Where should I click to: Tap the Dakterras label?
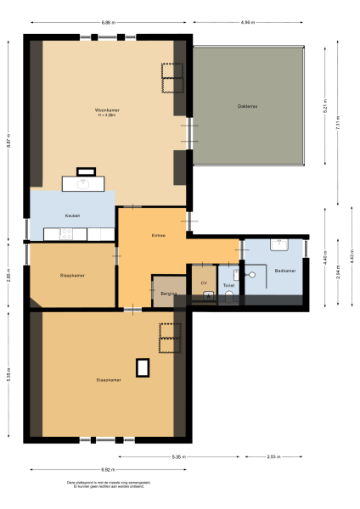click(x=248, y=106)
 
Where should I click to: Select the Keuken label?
click(x=72, y=216)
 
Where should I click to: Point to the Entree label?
click(x=157, y=235)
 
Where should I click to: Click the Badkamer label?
click(x=285, y=271)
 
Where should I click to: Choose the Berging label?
click(x=167, y=293)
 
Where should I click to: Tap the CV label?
click(x=204, y=282)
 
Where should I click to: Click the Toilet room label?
click(x=228, y=286)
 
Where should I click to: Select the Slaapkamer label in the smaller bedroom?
click(x=71, y=276)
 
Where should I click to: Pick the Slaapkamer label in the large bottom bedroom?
click(x=108, y=380)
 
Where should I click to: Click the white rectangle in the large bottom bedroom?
click(x=143, y=366)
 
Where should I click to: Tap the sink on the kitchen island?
click(x=84, y=182)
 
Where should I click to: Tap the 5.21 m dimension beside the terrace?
click(x=323, y=108)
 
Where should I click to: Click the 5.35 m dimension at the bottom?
click(x=178, y=458)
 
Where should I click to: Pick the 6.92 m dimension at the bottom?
click(x=107, y=469)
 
